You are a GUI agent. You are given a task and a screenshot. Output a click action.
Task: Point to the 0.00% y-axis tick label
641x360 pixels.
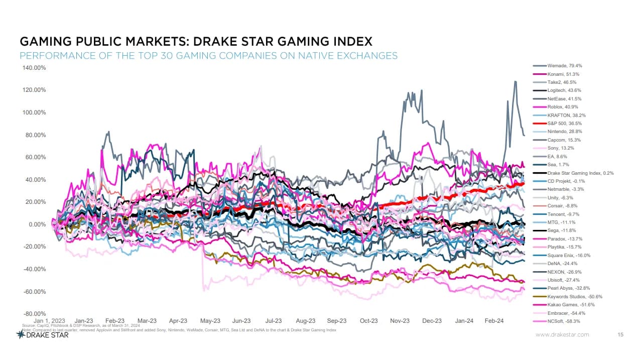[37, 224]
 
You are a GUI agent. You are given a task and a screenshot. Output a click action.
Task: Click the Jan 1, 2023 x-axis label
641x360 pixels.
[48, 320]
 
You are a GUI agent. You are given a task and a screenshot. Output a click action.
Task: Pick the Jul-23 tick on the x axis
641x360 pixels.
[273, 320]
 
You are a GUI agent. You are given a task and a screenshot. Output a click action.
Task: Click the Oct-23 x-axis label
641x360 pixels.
[368, 320]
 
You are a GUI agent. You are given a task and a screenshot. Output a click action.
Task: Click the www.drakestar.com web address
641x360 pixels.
[562, 334]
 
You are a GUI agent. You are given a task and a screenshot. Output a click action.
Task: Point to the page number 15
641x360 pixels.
[620, 334]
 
